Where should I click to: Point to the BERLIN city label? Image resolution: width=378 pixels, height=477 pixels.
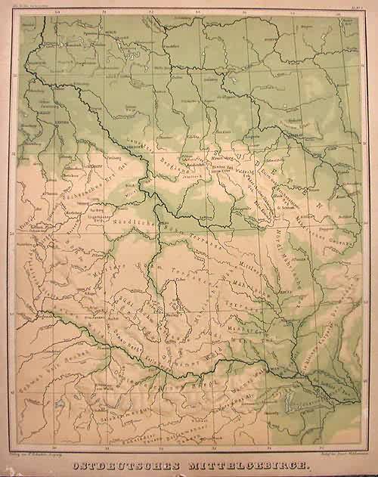pos(110,35)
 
